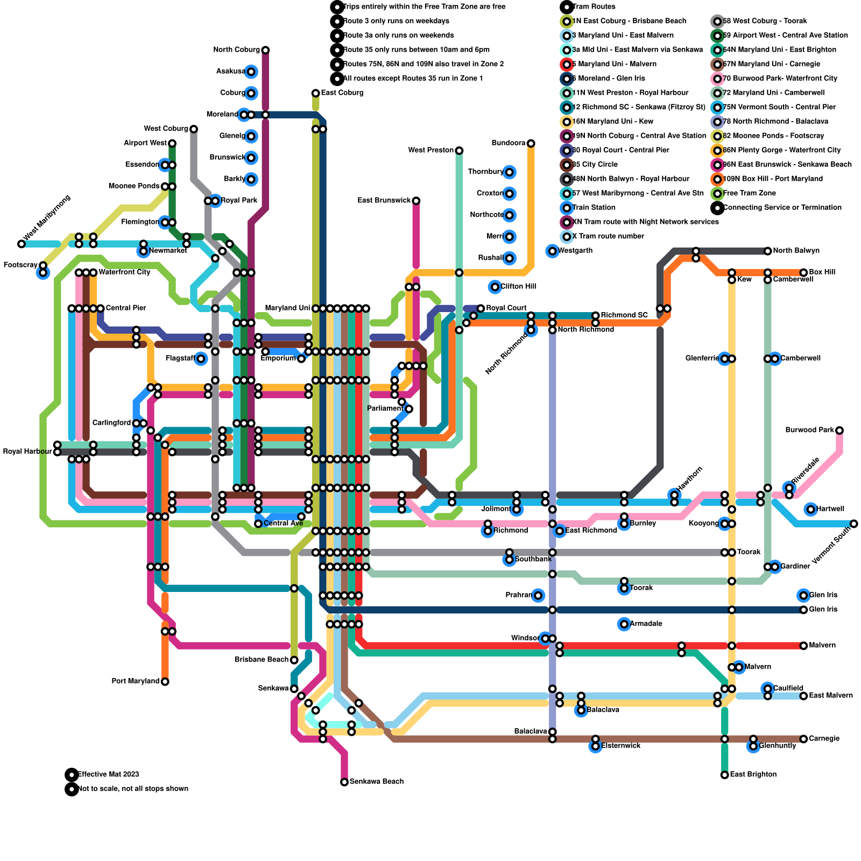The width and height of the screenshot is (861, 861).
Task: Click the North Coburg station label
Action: (x=236, y=50)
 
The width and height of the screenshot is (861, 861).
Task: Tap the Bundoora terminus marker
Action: (x=531, y=143)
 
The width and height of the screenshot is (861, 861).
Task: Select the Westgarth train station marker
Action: (x=552, y=251)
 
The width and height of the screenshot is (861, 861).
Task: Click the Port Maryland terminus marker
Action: (x=165, y=682)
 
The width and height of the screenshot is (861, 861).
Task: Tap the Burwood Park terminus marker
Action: (x=839, y=430)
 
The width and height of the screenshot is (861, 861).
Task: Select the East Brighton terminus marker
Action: (x=725, y=775)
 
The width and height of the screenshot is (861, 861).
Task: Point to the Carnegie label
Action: (x=824, y=739)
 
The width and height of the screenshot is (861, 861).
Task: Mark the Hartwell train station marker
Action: (x=811, y=509)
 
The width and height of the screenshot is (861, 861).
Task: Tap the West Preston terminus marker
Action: (x=459, y=151)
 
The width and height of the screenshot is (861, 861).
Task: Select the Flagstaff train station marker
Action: (x=201, y=359)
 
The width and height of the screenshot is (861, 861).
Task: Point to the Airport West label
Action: (x=145, y=143)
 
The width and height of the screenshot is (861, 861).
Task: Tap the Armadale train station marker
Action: (x=624, y=624)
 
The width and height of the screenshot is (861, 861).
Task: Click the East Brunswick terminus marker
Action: (x=416, y=201)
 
